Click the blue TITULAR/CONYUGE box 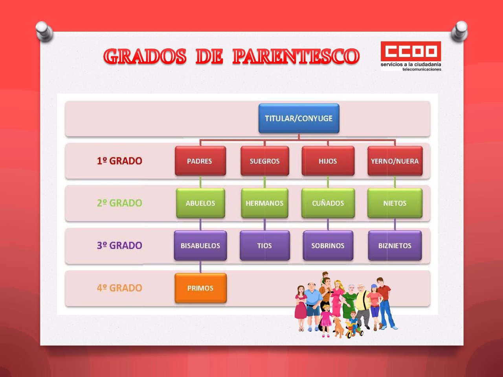tap(299, 118)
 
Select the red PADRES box tap(200, 161)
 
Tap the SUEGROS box tap(265, 161)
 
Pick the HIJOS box tap(328, 161)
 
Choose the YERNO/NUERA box tap(395, 161)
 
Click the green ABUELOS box tap(200, 203)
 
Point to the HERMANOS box tap(265, 203)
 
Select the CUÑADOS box tap(328, 203)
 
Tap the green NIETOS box tap(395, 203)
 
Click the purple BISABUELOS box tap(200, 245)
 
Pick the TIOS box tap(265, 245)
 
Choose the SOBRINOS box tap(328, 245)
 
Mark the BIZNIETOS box tap(395, 245)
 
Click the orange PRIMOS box tap(200, 288)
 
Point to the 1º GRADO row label tap(119, 161)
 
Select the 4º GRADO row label tap(119, 288)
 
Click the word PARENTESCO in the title tap(296, 56)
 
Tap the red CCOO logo tap(411, 51)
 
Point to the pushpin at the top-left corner tap(44, 31)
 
